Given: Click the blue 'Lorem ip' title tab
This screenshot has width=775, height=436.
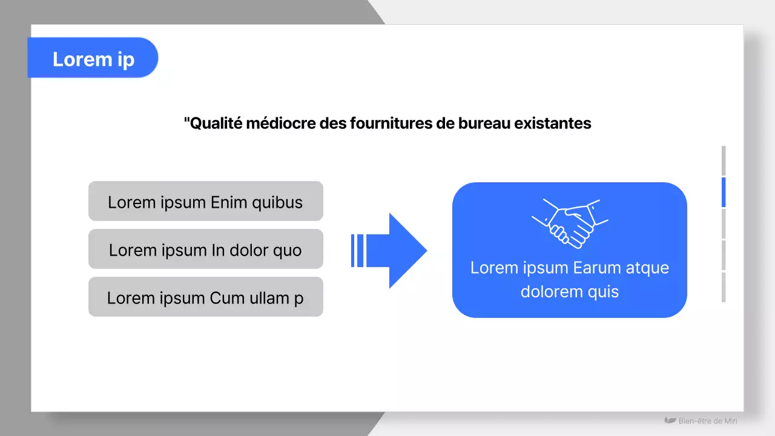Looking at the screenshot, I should (93, 58).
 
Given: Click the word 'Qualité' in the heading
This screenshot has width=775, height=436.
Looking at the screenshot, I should (216, 124).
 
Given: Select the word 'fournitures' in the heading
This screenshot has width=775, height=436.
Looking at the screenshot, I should (400, 124).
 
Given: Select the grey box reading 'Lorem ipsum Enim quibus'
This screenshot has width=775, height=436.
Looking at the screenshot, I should (205, 202).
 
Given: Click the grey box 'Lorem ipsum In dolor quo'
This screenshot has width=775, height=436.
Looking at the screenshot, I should (205, 249).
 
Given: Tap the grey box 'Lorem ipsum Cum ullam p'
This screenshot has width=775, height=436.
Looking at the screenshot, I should (205, 297).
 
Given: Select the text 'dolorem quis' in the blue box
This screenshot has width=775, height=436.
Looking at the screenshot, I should (570, 292).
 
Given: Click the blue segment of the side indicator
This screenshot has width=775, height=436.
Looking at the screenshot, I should (724, 193).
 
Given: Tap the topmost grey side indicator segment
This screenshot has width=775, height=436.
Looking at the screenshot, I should (724, 160).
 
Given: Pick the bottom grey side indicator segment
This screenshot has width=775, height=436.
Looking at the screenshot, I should (724, 287).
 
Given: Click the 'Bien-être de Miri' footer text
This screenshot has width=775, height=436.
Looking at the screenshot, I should (708, 421).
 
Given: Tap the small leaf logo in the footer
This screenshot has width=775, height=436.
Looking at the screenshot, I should (670, 420).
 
